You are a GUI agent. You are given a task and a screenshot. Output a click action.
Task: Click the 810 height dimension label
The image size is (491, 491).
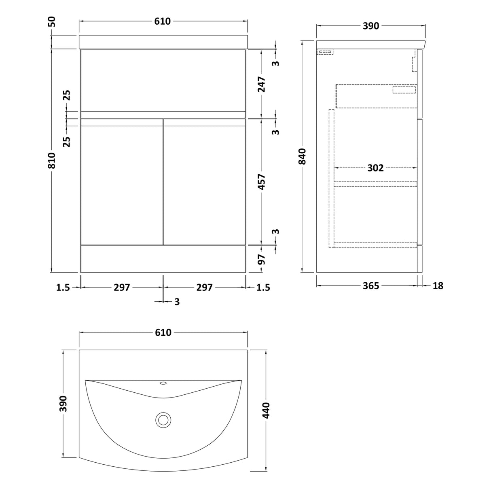[x=52, y=161]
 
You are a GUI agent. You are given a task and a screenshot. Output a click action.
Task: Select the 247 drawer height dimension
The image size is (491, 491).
[x=261, y=85]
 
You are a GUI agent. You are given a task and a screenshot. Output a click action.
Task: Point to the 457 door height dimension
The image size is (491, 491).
[x=261, y=182]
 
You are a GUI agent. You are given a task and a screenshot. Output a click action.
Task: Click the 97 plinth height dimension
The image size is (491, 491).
[x=261, y=260]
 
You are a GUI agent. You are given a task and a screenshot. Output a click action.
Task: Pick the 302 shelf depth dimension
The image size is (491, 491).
[x=375, y=168]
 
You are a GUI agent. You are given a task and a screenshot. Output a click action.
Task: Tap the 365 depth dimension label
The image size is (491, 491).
[x=371, y=286]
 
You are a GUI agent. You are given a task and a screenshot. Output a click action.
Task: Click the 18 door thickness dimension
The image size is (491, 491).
[x=438, y=286]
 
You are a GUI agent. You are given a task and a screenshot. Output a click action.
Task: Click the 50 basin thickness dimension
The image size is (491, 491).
[x=52, y=21]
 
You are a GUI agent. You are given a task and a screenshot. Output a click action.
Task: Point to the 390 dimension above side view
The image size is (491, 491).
[x=371, y=26]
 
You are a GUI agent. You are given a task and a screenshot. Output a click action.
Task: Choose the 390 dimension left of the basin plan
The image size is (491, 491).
[x=63, y=404]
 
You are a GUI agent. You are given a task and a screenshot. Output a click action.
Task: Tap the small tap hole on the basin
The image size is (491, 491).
[x=163, y=383]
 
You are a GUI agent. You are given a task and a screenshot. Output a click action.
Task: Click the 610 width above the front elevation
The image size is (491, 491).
[x=162, y=21]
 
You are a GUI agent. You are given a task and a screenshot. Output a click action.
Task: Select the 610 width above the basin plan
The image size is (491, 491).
[x=163, y=332]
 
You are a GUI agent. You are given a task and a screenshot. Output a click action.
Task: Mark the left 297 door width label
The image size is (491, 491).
[x=122, y=288]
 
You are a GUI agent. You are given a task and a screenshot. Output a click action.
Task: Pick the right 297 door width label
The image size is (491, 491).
[x=204, y=288]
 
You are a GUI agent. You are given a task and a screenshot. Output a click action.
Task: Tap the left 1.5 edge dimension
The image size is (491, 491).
[x=63, y=288]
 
